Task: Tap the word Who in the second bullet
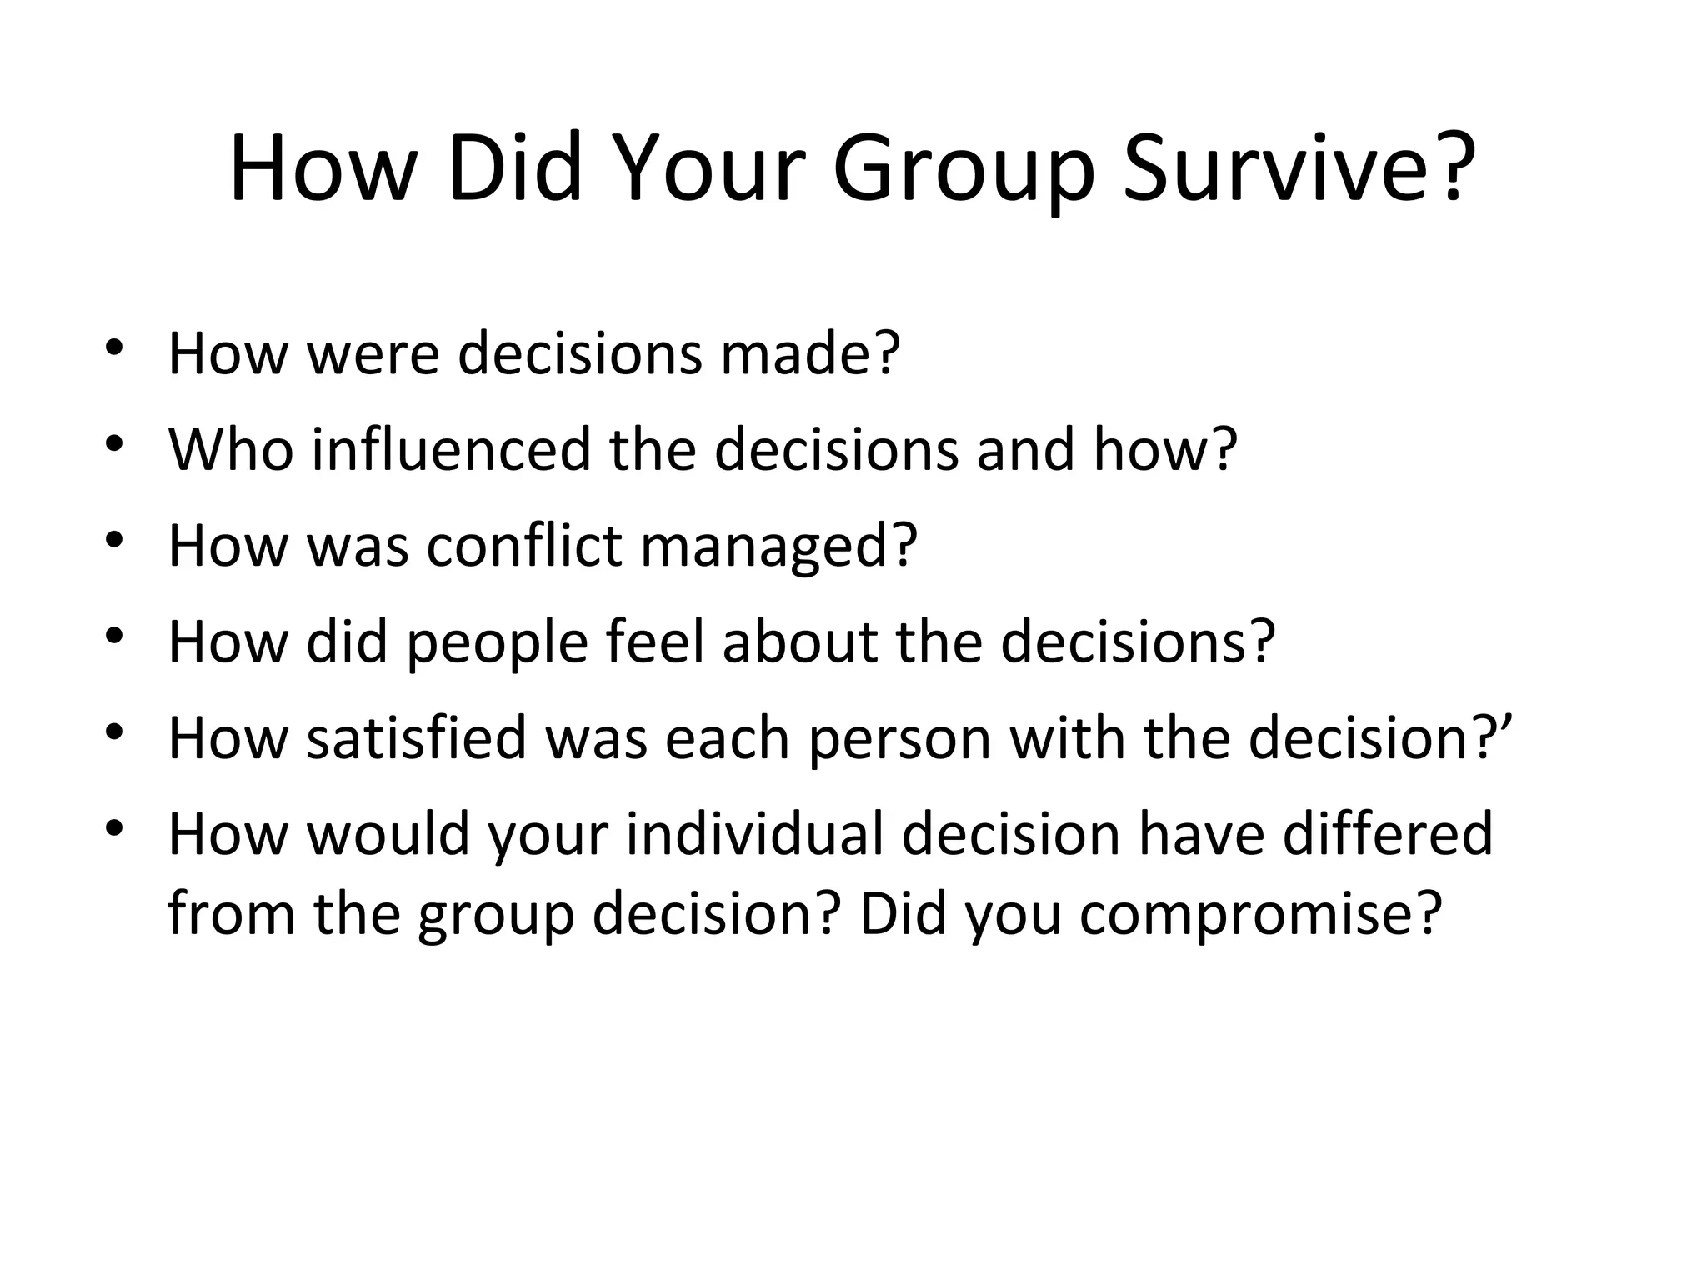[x=231, y=449]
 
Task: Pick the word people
[x=497, y=644]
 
